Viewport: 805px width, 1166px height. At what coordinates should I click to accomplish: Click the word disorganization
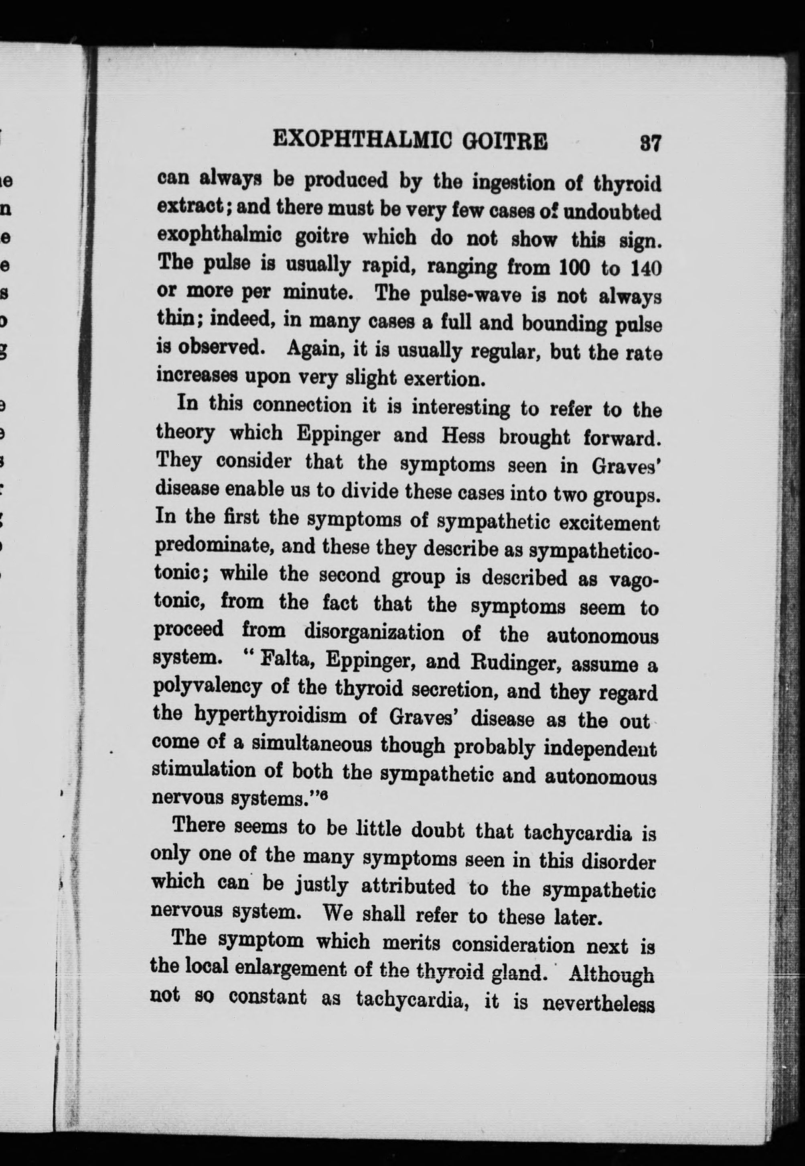pos(374,632)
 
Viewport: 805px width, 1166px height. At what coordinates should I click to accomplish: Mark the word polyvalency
pos(207,687)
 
